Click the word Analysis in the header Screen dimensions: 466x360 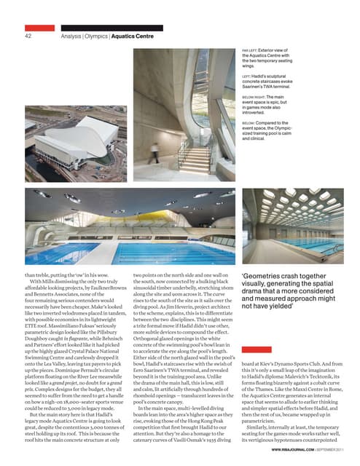pyautogui.click(x=72, y=34)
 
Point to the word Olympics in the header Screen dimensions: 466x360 pyautogui.click(x=97, y=34)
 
